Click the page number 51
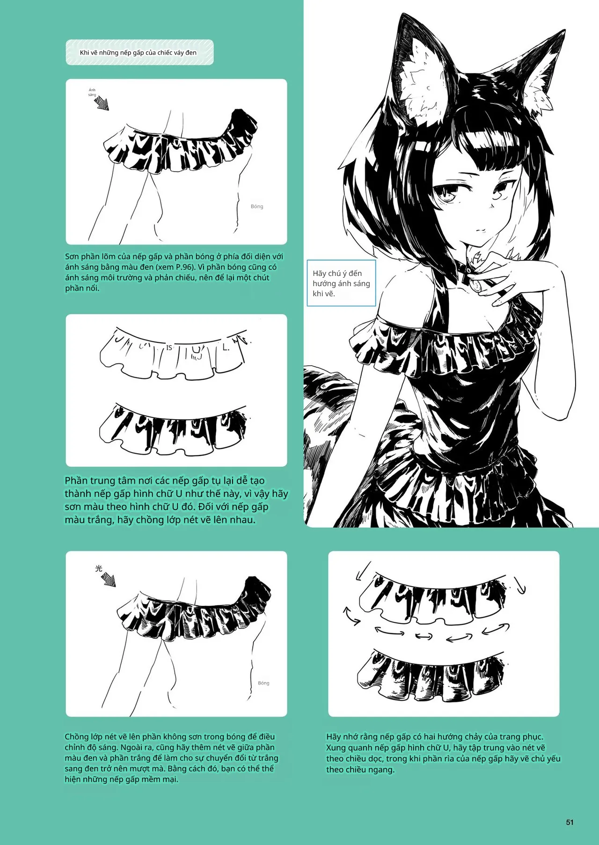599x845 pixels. tap(570, 822)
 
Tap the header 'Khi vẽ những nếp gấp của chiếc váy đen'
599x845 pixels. tap(138, 52)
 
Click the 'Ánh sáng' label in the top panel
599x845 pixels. tap(92, 92)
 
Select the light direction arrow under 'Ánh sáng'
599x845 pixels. tap(102, 104)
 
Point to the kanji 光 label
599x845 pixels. tap(98, 569)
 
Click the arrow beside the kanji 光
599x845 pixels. tap(109, 580)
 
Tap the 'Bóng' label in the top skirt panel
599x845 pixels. tap(257, 206)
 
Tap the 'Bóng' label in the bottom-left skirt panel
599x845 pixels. tap(263, 683)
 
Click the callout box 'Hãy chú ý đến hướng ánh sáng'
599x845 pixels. tap(341, 283)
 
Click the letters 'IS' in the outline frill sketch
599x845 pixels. tap(169, 347)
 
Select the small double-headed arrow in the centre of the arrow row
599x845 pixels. tap(424, 636)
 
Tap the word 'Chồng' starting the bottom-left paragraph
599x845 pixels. tap(77, 737)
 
